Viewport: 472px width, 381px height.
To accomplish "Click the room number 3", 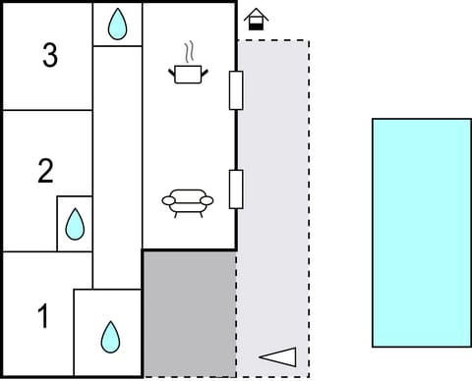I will [50, 56].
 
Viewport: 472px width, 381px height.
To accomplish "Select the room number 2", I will [45, 172].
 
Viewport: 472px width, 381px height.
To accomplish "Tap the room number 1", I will [42, 316].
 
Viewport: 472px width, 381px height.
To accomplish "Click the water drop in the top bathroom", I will [118, 25].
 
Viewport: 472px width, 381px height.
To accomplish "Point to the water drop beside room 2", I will [75, 225].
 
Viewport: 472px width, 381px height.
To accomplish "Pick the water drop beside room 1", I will [109, 337].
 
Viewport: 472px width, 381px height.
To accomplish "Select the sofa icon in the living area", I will [188, 203].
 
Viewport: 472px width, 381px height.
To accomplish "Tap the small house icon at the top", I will [256, 18].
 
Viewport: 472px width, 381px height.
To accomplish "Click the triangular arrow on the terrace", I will [277, 357].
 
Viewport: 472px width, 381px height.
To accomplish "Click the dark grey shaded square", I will [190, 312].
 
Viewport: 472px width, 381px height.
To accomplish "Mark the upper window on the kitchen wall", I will [236, 90].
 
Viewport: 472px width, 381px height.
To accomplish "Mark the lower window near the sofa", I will [236, 189].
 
